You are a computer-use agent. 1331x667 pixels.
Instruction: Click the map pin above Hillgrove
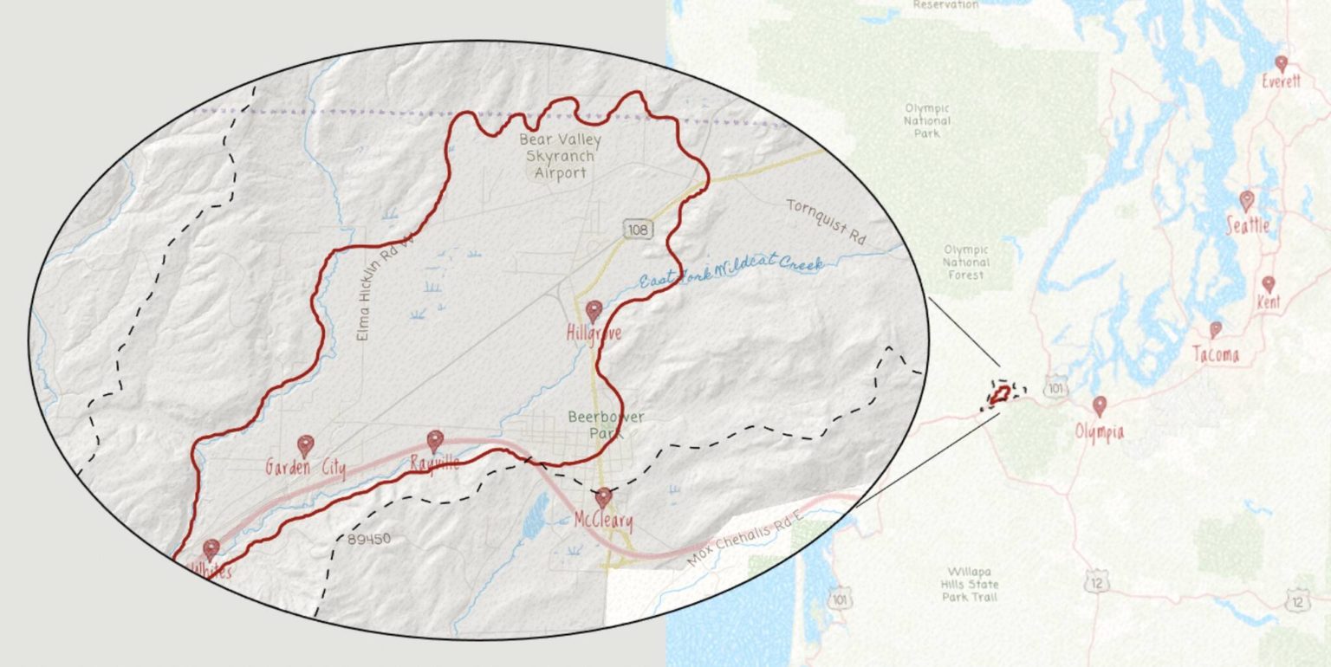(594, 310)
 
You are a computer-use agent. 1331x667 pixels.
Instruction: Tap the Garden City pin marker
(305, 445)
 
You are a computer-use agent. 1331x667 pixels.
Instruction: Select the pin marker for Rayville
(435, 441)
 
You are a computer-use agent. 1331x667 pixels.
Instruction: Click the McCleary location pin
(603, 497)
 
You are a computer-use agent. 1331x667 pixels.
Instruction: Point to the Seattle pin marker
(1247, 201)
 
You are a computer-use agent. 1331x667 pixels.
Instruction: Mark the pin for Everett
(1282, 63)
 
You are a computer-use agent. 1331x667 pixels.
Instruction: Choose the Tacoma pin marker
(1216, 329)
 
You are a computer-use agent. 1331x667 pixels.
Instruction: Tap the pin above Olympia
(1100, 405)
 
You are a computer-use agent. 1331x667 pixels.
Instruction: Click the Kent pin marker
(1269, 283)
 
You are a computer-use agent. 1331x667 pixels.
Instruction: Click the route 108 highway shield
(637, 229)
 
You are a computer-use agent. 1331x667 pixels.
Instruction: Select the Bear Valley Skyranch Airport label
(560, 156)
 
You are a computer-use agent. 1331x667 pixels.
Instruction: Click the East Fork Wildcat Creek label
(730, 272)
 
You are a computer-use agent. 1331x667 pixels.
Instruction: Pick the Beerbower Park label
(607, 424)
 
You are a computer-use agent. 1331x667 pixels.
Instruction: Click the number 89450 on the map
(369, 539)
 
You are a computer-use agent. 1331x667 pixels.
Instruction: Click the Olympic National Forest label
(965, 262)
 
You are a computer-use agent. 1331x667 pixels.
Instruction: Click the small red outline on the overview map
(999, 394)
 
